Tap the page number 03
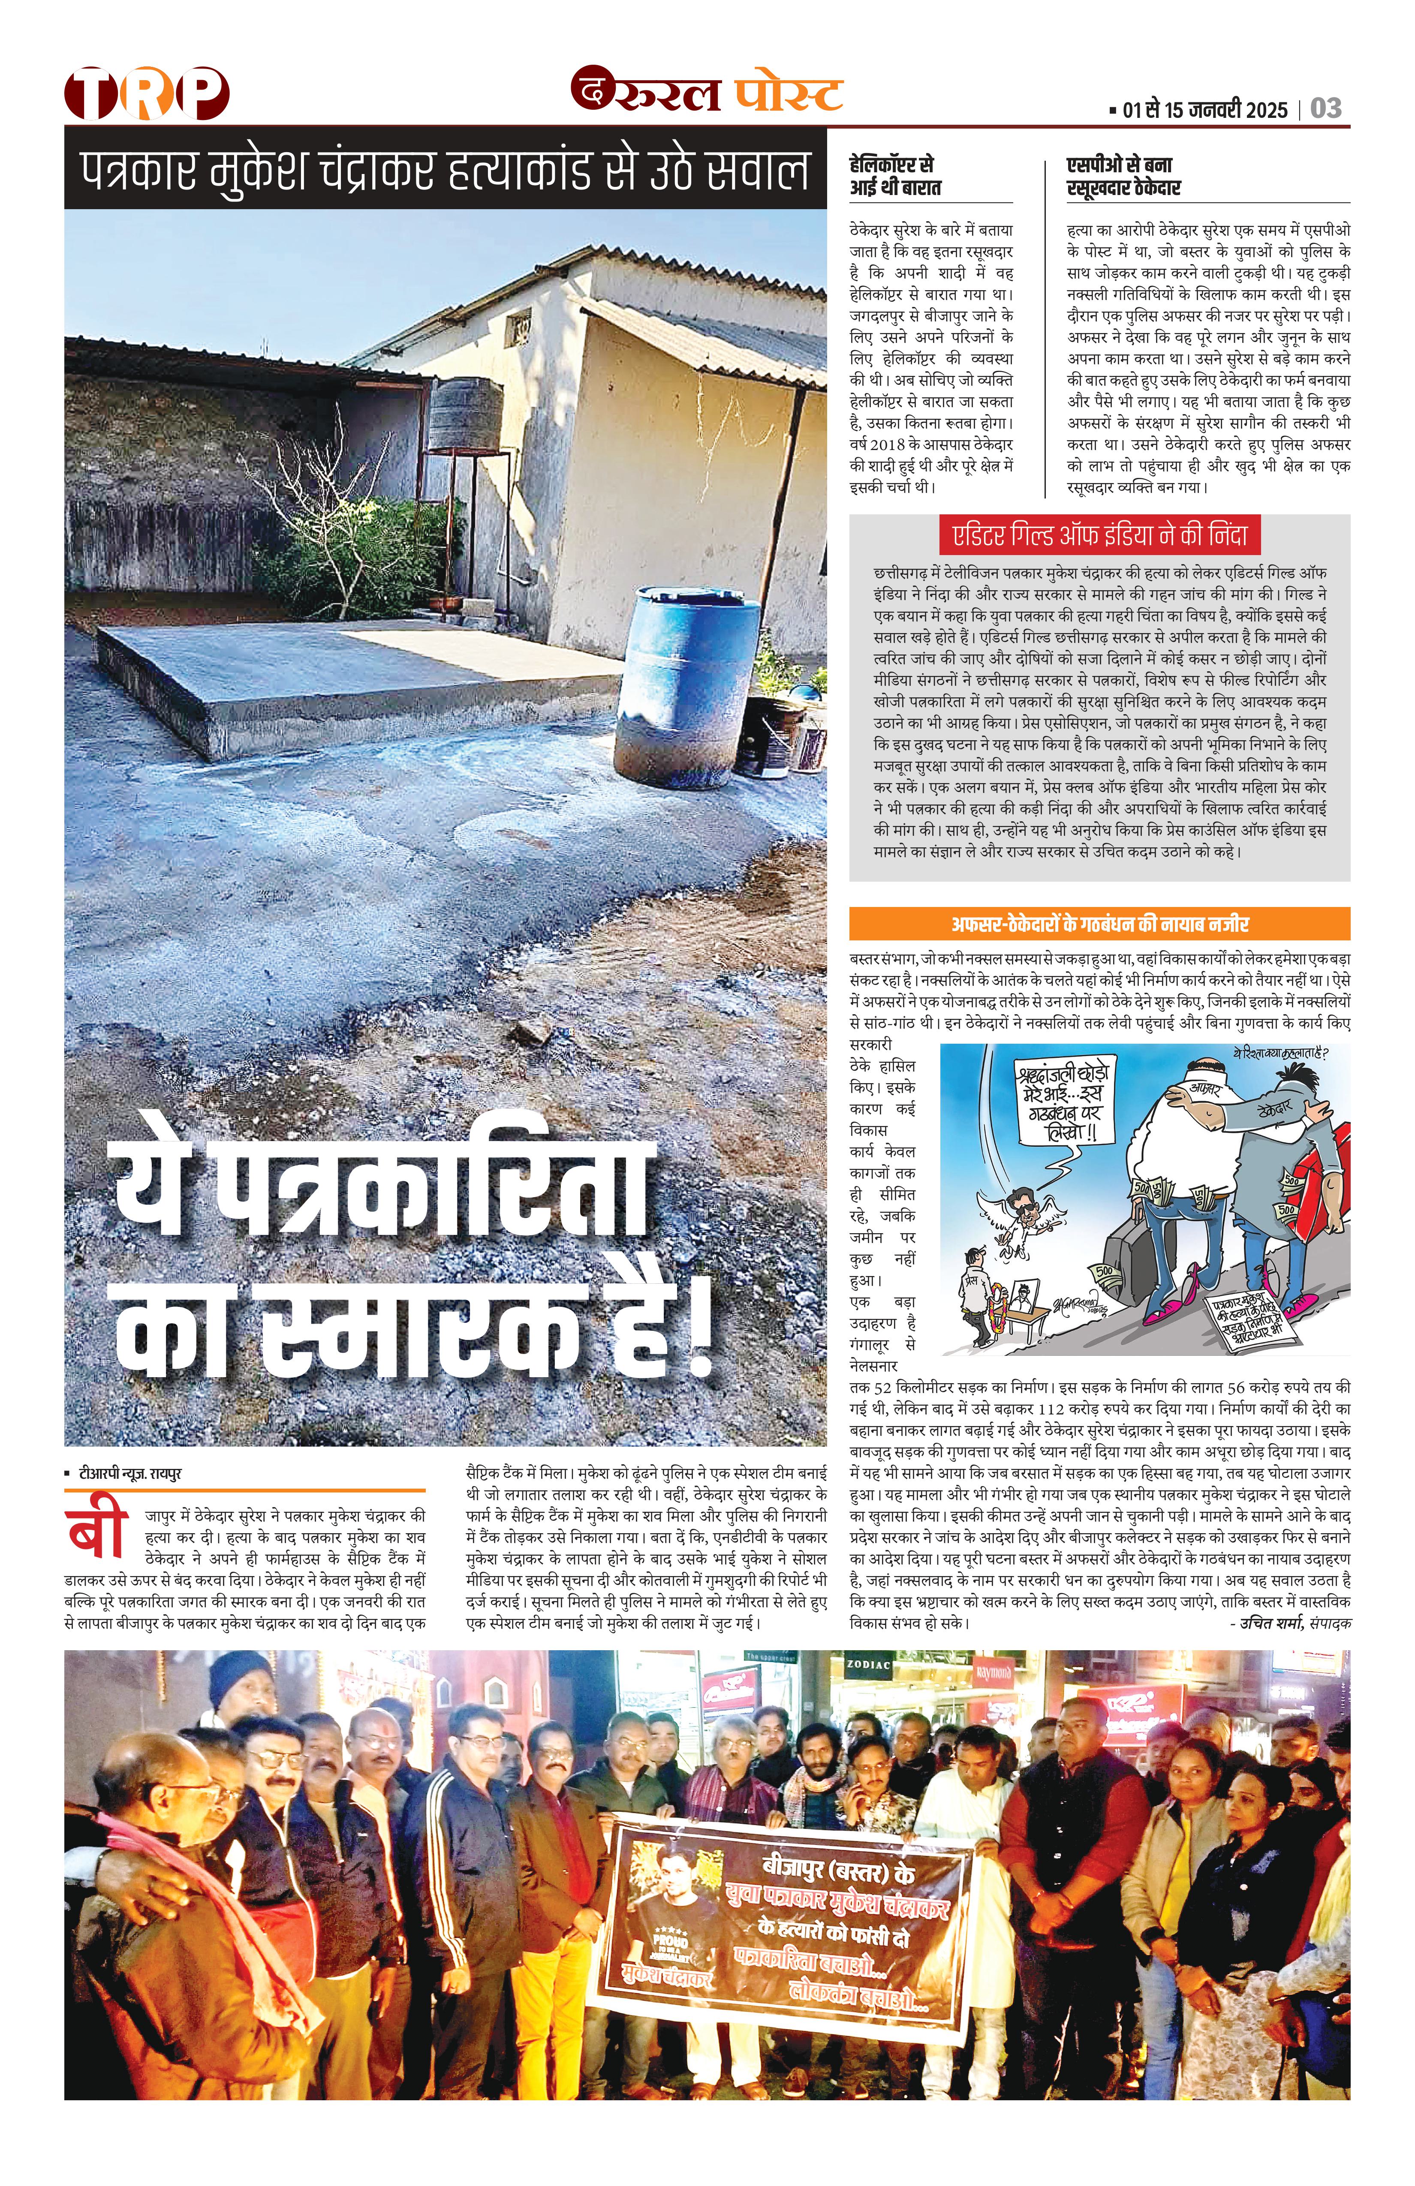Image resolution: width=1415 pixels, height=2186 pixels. click(x=1326, y=108)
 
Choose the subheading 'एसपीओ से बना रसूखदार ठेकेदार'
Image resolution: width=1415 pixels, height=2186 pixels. click(x=1123, y=176)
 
